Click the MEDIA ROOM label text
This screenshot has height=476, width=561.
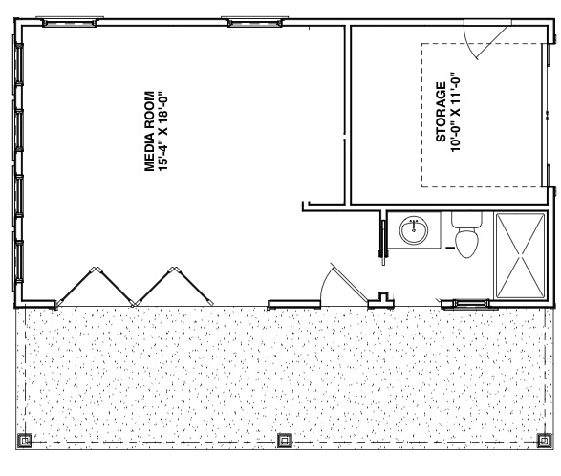point(149,132)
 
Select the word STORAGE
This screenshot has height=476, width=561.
point(441,112)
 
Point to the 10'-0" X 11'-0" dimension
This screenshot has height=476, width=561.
point(455,115)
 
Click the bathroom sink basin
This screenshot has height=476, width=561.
point(414,230)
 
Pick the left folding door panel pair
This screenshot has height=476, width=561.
point(95,287)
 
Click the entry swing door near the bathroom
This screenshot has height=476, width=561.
point(349,283)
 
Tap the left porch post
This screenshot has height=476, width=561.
point(25,441)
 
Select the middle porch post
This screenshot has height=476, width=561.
point(285,441)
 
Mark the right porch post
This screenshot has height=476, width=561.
point(545,441)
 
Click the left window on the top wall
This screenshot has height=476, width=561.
point(70,22)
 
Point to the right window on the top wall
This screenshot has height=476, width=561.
point(255,22)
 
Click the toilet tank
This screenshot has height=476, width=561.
point(466,220)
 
